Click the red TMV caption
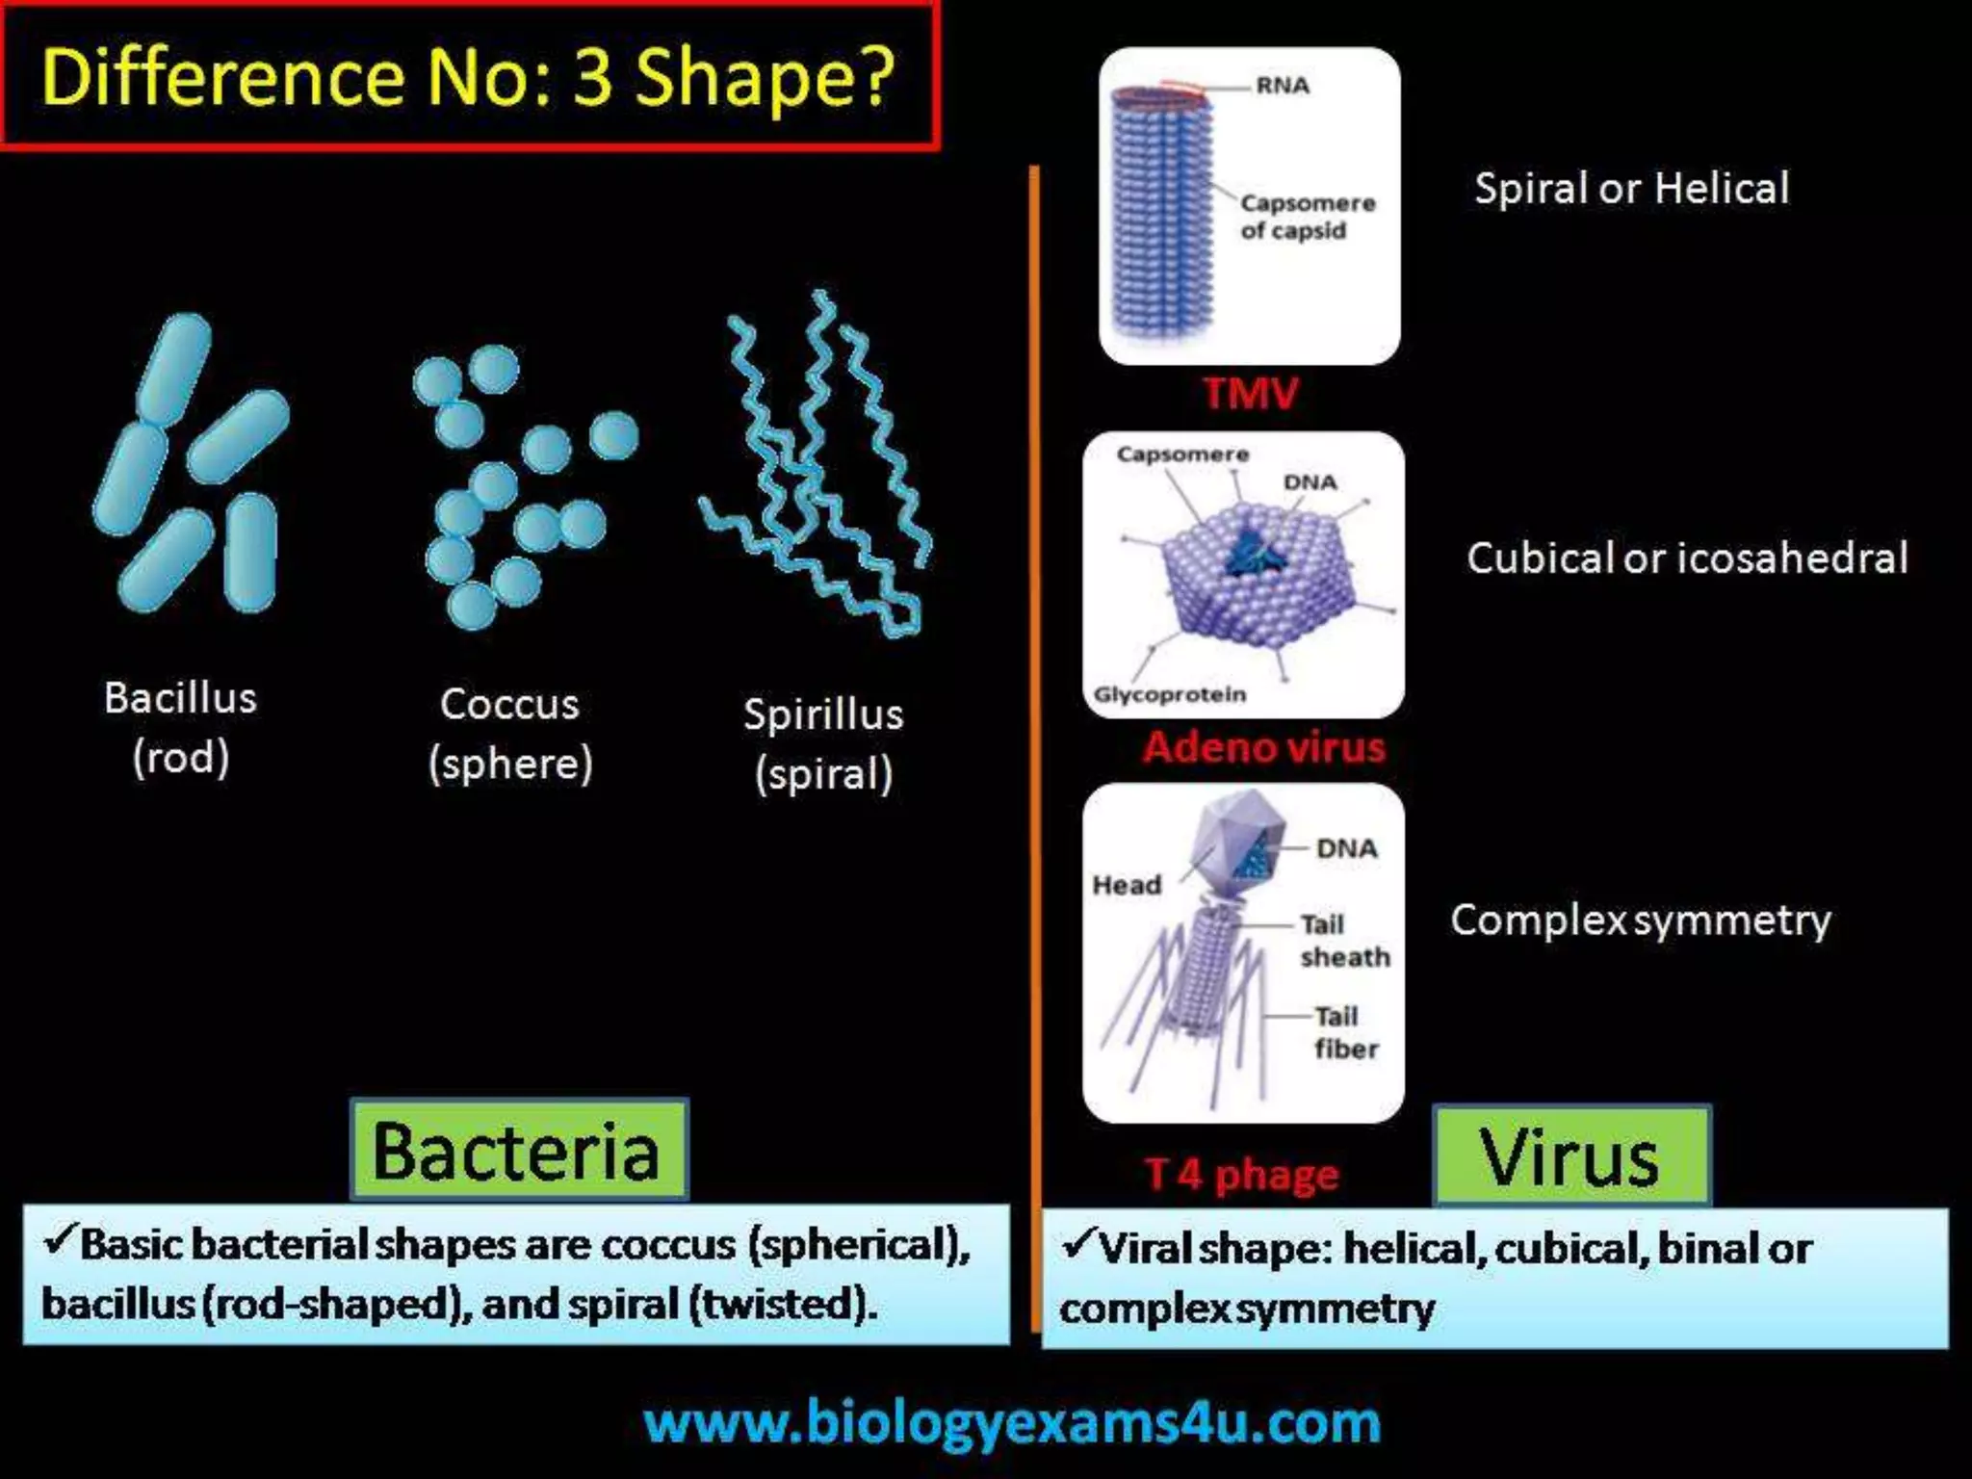(x=1250, y=393)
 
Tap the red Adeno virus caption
(x=1263, y=747)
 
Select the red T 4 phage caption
(x=1241, y=1174)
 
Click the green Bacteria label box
(x=518, y=1150)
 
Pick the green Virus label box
(x=1570, y=1156)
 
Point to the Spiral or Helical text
(x=1631, y=189)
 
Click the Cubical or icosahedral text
(x=1687, y=558)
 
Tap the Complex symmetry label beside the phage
(x=1640, y=920)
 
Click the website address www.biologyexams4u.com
(x=1012, y=1422)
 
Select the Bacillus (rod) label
(x=181, y=727)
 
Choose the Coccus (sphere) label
(x=510, y=734)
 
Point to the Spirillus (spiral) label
(x=823, y=743)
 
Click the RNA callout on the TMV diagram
(x=1283, y=86)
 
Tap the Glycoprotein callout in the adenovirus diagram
(x=1169, y=694)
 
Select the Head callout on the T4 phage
(x=1126, y=884)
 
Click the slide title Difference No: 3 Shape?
(x=469, y=76)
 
